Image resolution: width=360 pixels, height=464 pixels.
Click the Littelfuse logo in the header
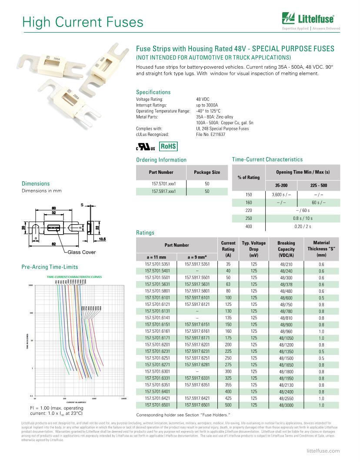pyautogui.click(x=311, y=19)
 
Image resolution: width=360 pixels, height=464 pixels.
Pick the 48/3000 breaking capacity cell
pyautogui.click(x=286, y=405)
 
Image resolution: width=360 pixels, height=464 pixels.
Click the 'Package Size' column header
pyautogui.click(x=207, y=172)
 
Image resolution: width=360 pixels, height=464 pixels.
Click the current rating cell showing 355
pyautogui.click(x=228, y=385)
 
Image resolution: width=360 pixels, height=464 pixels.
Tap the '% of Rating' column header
pyautogui.click(x=248, y=177)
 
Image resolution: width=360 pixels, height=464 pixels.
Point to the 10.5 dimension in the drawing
pyautogui.click(x=103, y=239)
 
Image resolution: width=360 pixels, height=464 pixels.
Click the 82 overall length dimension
pyautogui.click(x=54, y=244)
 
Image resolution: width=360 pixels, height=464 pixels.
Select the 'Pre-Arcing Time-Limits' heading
pyautogui.click(x=50, y=267)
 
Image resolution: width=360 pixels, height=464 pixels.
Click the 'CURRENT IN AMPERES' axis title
pyautogui.click(x=79, y=401)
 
